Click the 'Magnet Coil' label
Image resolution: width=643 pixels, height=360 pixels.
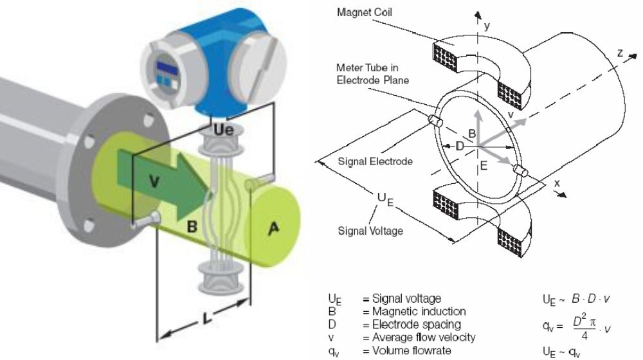pos(364,12)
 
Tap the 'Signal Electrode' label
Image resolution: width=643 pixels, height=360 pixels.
pos(375,161)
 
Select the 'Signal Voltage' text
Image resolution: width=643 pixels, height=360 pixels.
pos(370,231)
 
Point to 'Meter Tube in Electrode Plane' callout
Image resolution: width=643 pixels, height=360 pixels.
pos(372,74)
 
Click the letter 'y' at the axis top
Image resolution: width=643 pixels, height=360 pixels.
pos(487,26)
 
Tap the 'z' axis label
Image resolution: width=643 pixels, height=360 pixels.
pos(620,53)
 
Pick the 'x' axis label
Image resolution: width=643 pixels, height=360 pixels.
pos(556,183)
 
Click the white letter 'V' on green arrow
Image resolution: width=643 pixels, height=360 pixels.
pos(154,181)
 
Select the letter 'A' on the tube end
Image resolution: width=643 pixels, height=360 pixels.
pos(273,228)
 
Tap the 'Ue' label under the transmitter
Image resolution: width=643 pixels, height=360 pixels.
pos(224,130)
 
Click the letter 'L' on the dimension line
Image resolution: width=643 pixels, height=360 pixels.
pos(207,317)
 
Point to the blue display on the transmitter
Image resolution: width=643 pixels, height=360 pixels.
pos(168,68)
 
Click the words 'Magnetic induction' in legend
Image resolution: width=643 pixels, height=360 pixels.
pos(419,312)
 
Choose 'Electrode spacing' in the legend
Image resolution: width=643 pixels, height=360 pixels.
pos(416,325)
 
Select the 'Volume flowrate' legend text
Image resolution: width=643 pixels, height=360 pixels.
pos(412,351)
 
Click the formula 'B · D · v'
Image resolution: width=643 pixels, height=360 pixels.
pos(590,299)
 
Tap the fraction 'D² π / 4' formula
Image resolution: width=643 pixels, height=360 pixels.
pos(584,327)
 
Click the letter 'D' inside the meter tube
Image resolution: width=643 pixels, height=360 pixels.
pos(460,146)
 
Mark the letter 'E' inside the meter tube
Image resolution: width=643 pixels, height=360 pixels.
pos(484,166)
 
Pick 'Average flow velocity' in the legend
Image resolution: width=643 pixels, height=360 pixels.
pos(424,338)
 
